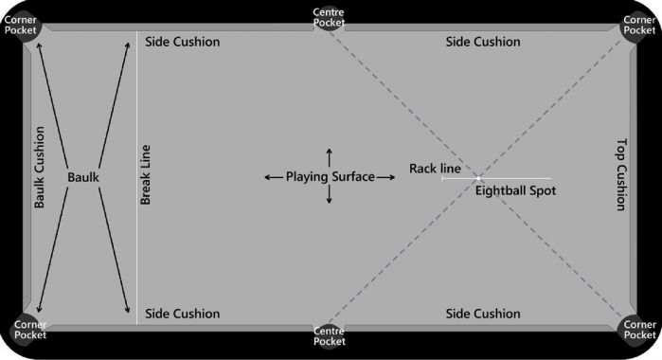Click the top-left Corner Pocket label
[20, 24]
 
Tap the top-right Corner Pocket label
[641, 24]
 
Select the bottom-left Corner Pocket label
[20, 330]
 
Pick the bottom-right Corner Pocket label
[641, 330]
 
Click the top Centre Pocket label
[329, 17]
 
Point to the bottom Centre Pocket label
[329, 335]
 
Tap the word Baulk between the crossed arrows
[83, 177]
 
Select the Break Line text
[147, 176]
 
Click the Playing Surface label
[330, 176]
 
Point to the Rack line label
[435, 169]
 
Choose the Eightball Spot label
[515, 190]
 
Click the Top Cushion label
[621, 175]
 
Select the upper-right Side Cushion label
[483, 42]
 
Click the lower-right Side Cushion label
[483, 314]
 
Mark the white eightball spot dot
[478, 178]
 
